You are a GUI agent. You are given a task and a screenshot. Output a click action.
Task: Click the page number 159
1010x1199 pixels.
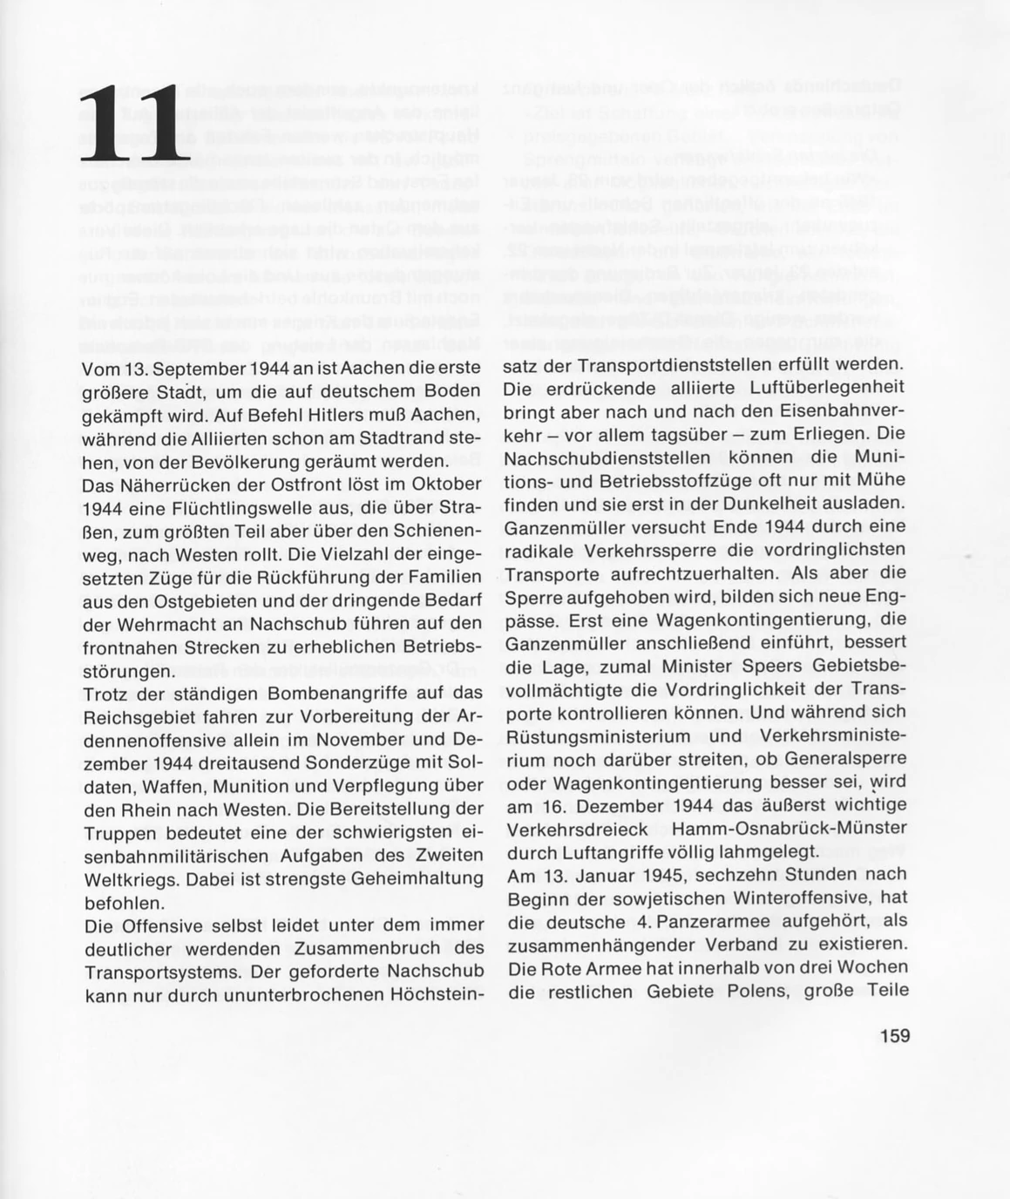894,1036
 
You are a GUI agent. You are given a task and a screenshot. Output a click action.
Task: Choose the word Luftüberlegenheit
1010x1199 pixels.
823,387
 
